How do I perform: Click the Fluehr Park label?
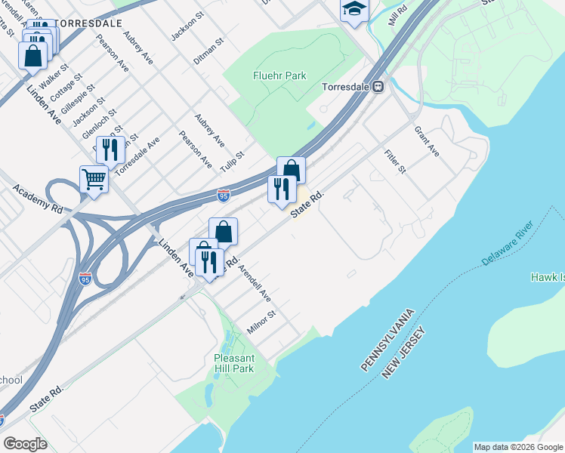(x=279, y=75)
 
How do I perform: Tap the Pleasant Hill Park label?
(x=234, y=362)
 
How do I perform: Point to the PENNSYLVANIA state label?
(x=387, y=339)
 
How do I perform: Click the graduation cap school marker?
(x=354, y=10)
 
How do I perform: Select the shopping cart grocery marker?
(x=94, y=180)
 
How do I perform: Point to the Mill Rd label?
(x=397, y=13)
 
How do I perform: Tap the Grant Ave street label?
(x=426, y=141)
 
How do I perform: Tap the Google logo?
(x=25, y=444)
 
